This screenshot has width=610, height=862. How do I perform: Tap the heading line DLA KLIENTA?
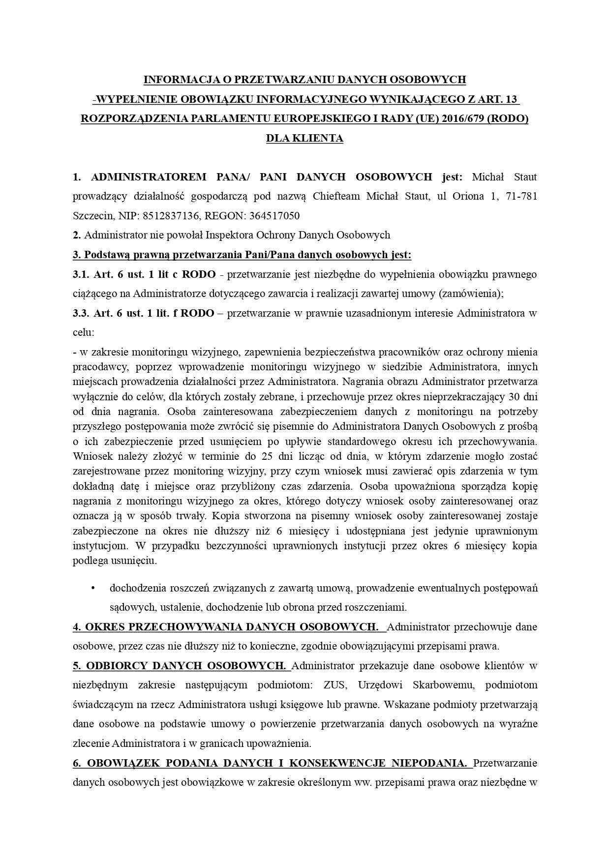coord(305,138)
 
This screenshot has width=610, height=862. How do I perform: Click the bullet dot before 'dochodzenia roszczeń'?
coord(92,588)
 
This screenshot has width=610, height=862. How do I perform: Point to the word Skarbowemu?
coord(439,685)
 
